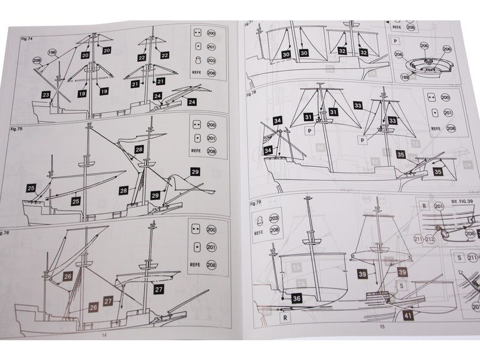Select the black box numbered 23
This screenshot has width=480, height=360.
pos(46,94)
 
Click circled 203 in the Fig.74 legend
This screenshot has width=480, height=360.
pos(211,61)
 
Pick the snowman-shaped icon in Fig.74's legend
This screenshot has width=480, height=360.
pos(197,61)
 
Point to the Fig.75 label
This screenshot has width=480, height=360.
pos(16,128)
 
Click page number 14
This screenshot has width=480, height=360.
pos(104,335)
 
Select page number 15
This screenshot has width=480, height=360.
pos(381,327)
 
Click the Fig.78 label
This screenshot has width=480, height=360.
pos(251,94)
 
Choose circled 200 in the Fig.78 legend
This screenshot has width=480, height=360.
pos(445,97)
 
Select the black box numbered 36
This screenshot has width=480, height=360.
pos(297,298)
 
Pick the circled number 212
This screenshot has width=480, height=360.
pos(430,240)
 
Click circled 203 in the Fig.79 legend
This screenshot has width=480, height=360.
pos(274,218)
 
